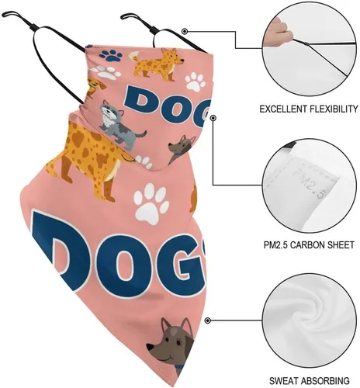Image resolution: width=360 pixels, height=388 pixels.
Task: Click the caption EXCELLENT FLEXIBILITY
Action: coord(309,109)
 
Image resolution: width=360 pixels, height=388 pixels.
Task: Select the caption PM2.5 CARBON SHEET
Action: coord(309,244)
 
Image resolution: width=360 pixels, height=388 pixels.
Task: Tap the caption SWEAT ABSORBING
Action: coord(310,381)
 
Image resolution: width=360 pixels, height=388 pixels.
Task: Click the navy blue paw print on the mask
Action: coord(111,55)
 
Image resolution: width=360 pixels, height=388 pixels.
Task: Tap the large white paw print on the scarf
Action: coord(151,203)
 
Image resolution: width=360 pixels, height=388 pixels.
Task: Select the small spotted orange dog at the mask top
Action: coord(157,64)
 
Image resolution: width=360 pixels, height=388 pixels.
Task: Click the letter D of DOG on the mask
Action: coord(140,102)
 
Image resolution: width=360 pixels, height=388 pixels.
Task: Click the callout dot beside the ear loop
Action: coord(185,32)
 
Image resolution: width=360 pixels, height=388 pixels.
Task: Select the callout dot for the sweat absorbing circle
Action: coord(207,320)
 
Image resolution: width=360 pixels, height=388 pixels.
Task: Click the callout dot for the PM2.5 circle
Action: coord(213,118)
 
